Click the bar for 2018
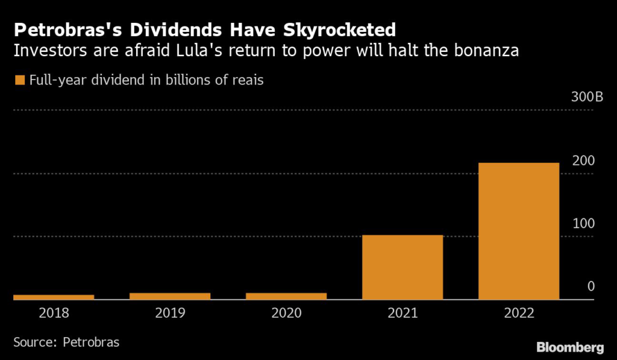(54, 297)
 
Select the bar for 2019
(170, 295)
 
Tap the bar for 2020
(286, 295)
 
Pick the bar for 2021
(402, 267)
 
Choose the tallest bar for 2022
(519, 230)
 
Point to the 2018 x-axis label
(54, 314)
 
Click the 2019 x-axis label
(170, 314)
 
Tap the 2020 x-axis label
(286, 314)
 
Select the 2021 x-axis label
(402, 314)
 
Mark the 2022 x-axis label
(519, 314)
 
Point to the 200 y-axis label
(584, 161)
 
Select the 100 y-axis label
(584, 224)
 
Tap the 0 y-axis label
(591, 286)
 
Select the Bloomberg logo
(570, 347)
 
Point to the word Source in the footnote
(34, 342)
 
